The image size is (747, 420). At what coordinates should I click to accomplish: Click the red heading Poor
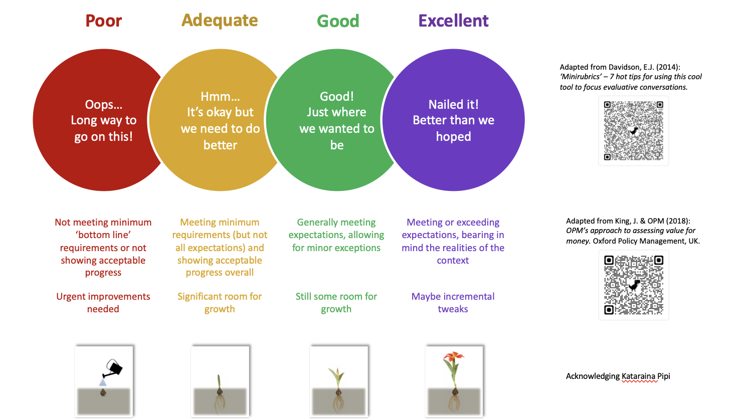pos(103,21)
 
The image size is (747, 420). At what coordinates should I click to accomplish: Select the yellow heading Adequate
pos(220,21)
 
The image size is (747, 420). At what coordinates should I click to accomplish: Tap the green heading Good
pos(338,21)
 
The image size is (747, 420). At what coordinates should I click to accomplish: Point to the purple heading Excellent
pos(454,21)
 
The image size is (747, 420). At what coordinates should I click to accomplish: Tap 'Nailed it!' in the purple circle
pos(454,105)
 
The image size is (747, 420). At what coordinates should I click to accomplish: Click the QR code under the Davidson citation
pos(633,131)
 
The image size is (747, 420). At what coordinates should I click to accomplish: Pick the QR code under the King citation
pos(634,285)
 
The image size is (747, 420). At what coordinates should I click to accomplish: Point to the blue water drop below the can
pos(103,382)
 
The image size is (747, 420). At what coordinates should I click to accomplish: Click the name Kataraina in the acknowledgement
pos(639,376)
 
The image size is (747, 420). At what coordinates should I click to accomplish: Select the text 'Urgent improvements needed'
pos(103,303)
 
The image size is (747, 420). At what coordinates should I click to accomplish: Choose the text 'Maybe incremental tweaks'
pos(453,303)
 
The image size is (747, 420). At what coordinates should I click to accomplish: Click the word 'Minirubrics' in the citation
pos(581,77)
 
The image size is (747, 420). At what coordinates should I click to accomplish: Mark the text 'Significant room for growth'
pos(220,303)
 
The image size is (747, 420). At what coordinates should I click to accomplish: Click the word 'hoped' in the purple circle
pos(454,137)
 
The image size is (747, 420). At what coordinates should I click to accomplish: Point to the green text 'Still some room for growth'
pos(336,303)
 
